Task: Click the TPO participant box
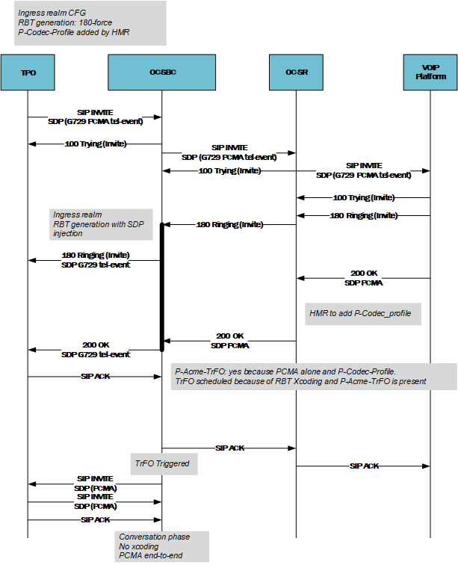pos(28,72)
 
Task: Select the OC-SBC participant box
pos(162,72)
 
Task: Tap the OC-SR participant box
pos(296,72)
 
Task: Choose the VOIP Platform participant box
pos(430,72)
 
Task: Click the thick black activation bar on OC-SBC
pos(161,286)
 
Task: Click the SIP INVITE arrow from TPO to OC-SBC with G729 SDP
pos(95,117)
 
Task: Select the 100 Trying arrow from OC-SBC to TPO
pos(95,143)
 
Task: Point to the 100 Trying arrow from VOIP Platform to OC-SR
pos(363,198)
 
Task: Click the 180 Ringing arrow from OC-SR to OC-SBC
pos(229,224)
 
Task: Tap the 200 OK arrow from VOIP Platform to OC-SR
pos(363,278)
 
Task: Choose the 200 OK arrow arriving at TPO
pos(95,350)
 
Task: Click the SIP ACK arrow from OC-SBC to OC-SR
pos(229,448)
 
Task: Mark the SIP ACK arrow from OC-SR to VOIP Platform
pos(363,466)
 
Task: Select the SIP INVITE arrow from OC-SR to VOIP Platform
pos(363,171)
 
